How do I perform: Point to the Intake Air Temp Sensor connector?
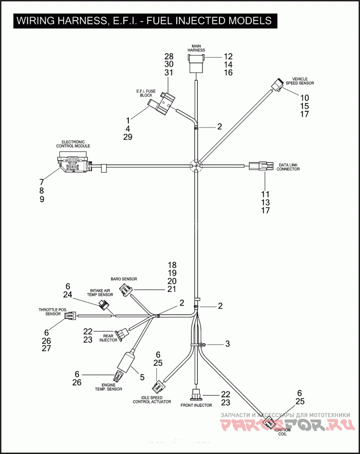coord(105,306)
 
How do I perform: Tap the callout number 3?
coord(227,344)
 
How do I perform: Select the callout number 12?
coord(228,57)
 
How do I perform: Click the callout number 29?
coord(128,137)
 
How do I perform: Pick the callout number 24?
coord(68,295)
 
